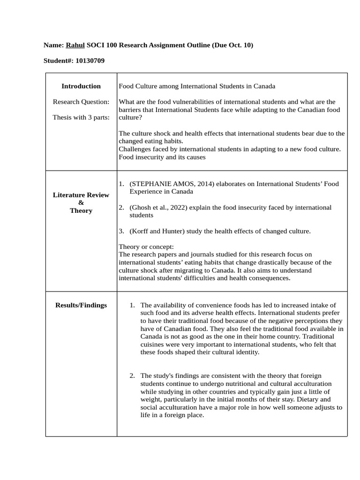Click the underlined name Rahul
pyautogui.click(x=75, y=45)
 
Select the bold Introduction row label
pyautogui.click(x=81, y=86)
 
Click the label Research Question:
pyautogui.click(x=81, y=102)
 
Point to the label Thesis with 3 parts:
pyautogui.click(x=81, y=117)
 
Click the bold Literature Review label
pyautogui.click(x=81, y=195)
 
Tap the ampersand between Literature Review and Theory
pyautogui.click(x=81, y=202)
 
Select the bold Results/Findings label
pyautogui.click(x=81, y=305)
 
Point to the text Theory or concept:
pyautogui.click(x=146, y=247)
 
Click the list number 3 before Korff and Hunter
pyautogui.click(x=121, y=231)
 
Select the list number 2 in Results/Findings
pyautogui.click(x=132, y=375)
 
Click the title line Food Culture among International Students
pyautogui.click(x=197, y=86)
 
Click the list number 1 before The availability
pyautogui.click(x=132, y=305)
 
